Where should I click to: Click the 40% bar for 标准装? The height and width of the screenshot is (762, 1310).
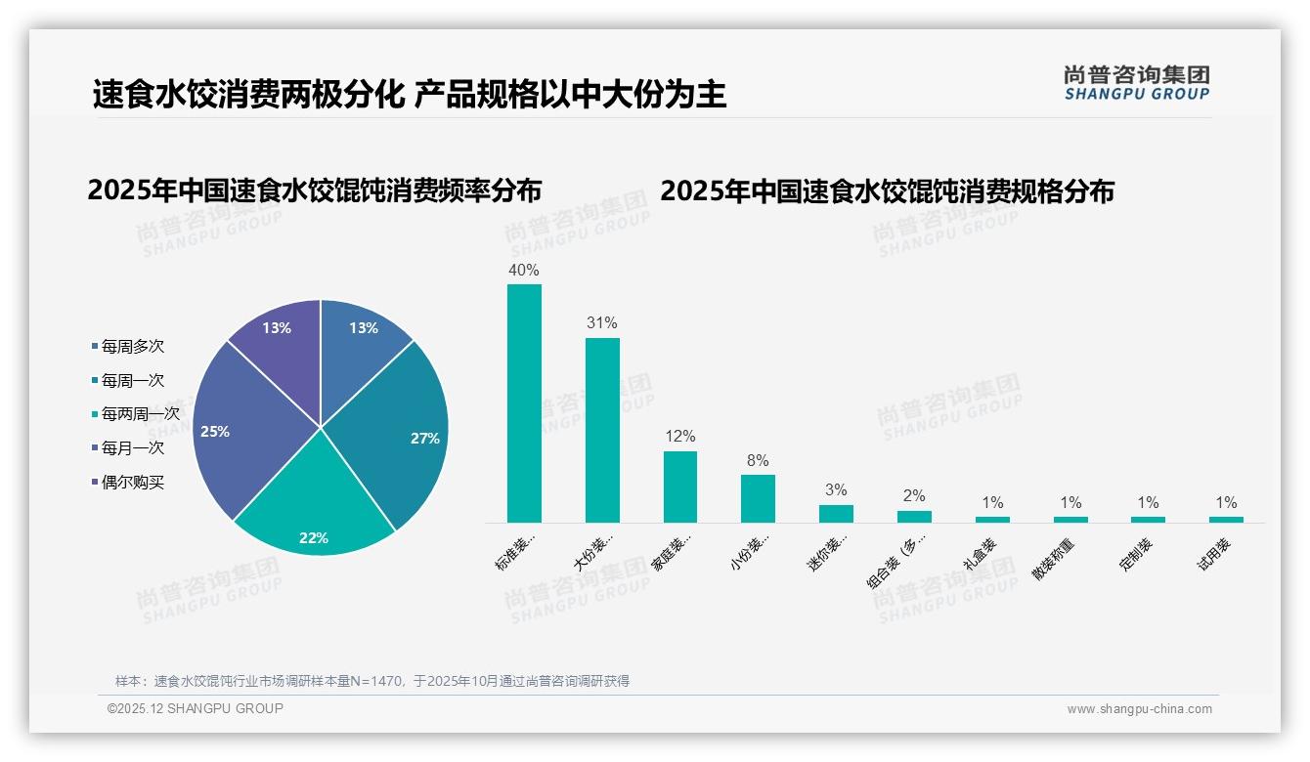524,402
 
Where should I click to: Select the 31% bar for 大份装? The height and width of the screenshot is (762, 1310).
602,430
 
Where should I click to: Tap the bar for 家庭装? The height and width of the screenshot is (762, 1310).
680,487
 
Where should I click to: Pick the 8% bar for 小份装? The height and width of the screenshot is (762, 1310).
758,498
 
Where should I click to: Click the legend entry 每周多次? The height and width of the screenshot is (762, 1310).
132,346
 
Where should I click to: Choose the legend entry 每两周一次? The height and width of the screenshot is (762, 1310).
140,414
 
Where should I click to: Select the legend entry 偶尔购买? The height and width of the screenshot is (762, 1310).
132,483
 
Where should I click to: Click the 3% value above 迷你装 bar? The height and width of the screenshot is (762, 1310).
836,490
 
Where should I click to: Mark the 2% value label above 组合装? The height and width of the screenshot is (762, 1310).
914,496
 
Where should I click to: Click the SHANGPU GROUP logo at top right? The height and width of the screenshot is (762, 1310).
1137,83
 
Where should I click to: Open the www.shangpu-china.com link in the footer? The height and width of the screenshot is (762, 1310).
1139,709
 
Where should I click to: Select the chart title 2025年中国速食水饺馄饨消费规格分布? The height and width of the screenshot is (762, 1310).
887,191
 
